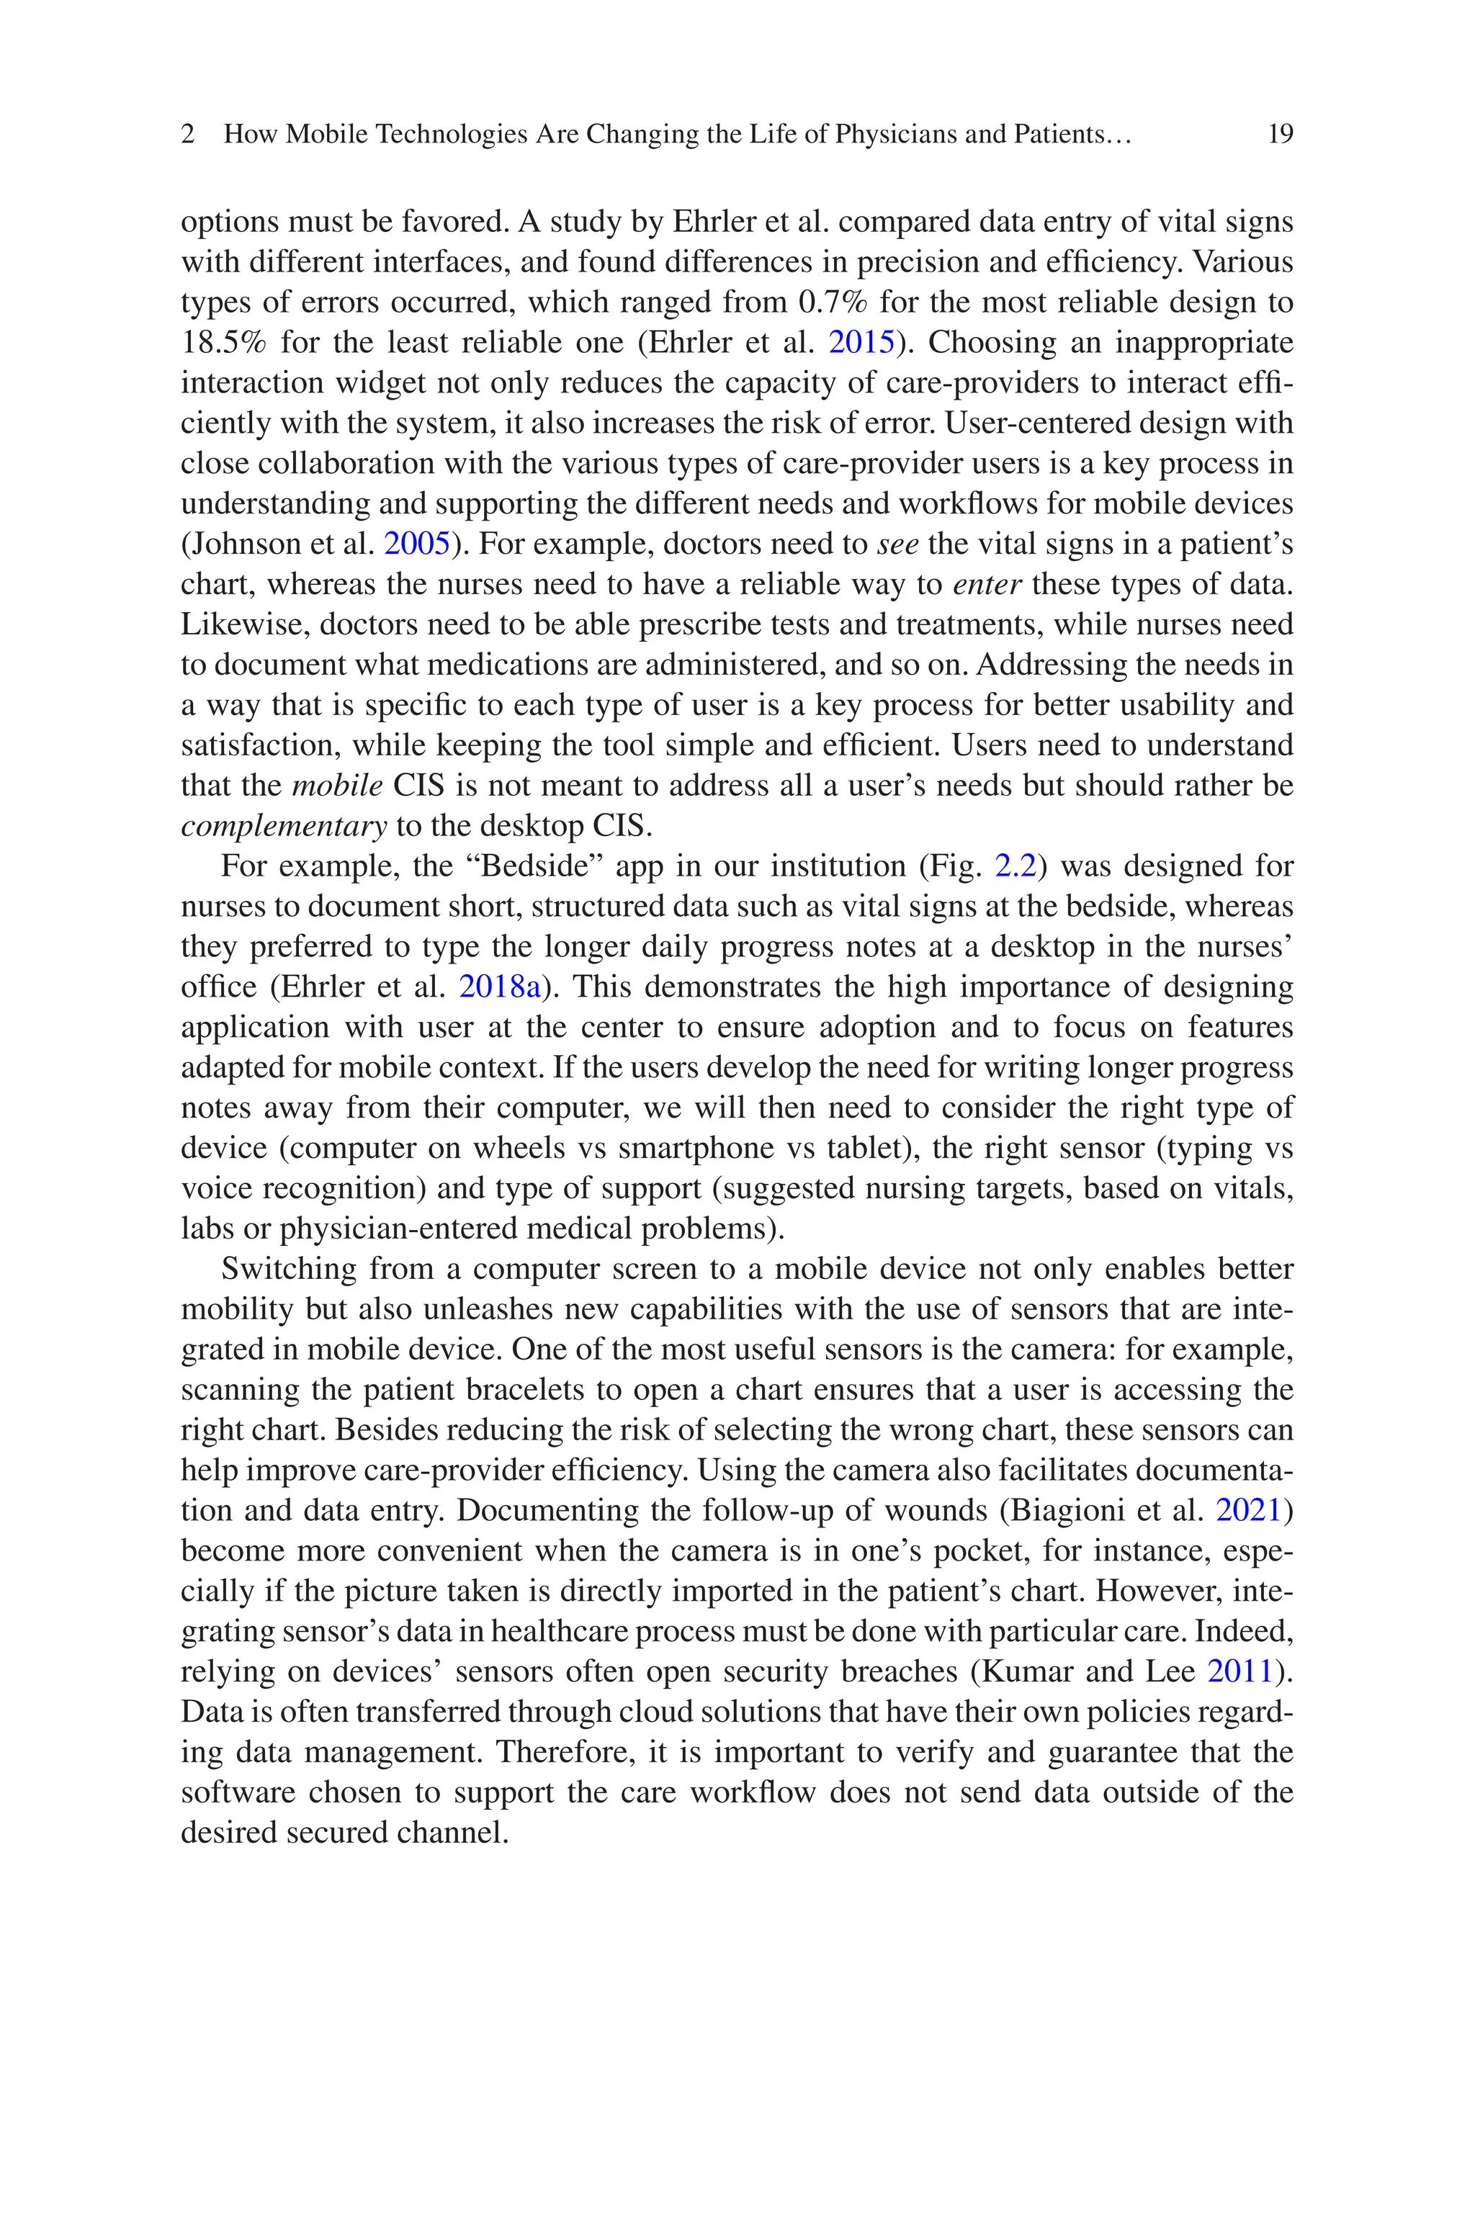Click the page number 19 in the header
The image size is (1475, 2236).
[1281, 135]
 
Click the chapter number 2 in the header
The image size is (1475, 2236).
[188, 135]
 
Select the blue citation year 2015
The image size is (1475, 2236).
[861, 342]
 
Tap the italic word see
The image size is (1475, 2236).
[897, 544]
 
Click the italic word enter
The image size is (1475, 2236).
[987, 585]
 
